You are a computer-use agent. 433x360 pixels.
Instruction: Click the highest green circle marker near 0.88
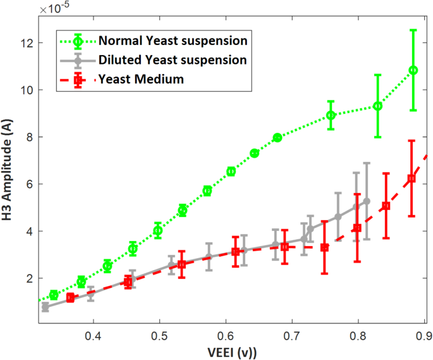[413, 70]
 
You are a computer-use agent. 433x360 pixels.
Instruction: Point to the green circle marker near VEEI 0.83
[377, 106]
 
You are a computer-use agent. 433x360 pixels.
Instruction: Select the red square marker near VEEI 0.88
[412, 178]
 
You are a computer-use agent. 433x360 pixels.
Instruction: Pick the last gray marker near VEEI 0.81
[367, 201]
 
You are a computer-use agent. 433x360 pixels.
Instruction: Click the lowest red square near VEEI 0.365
[70, 297]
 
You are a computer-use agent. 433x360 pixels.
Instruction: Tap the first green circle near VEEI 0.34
[54, 295]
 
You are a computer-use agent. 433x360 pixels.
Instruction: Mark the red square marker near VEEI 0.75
[325, 247]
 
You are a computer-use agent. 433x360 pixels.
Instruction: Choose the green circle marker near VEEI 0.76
[331, 115]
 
